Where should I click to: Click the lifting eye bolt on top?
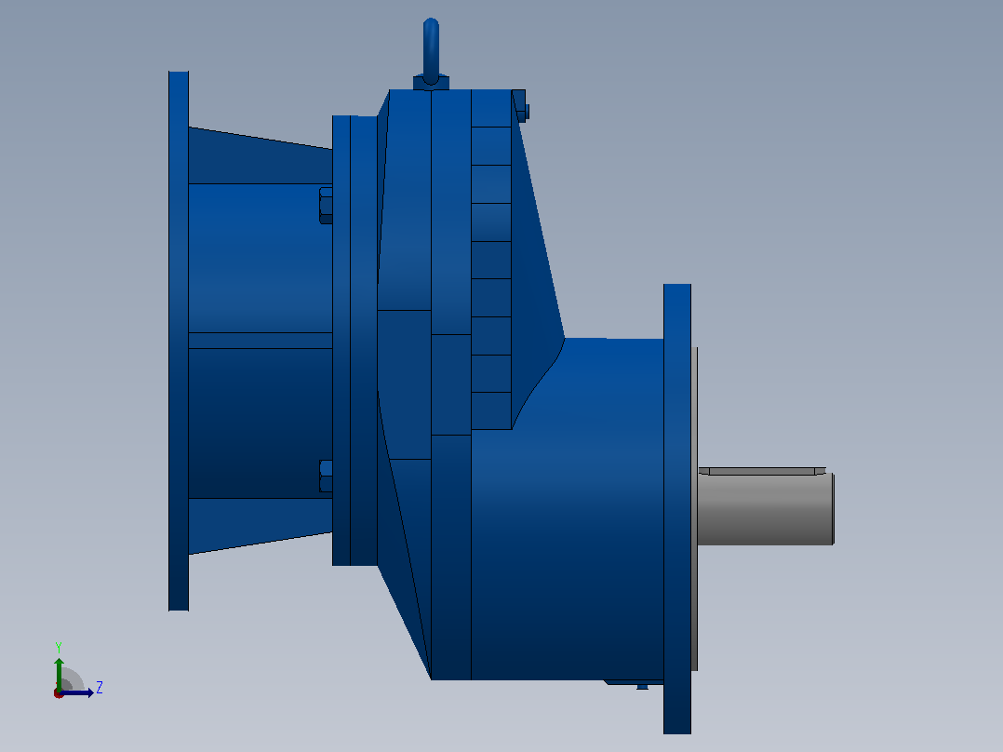(431, 51)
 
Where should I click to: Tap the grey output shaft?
(766, 509)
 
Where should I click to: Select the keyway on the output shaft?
(762, 472)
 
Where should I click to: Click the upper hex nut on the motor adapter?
(326, 206)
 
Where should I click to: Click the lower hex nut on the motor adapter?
(326, 477)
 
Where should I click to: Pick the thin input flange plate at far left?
(179, 342)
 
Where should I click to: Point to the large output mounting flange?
(677, 509)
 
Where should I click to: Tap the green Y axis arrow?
(59, 674)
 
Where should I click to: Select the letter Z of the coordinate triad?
(100, 688)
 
